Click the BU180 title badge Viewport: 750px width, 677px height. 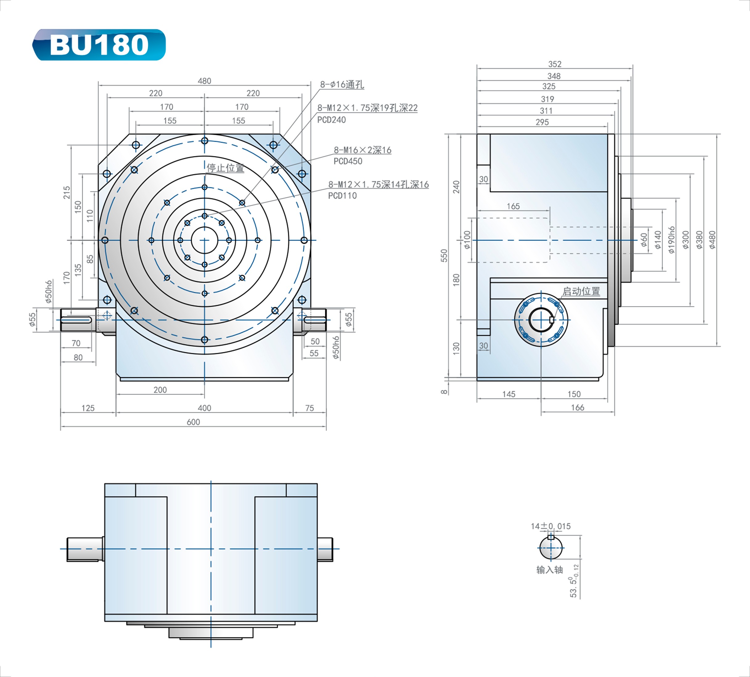[99, 45]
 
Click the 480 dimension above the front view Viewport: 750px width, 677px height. [204, 81]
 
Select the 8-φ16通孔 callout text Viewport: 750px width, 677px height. [342, 84]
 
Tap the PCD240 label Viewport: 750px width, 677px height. [331, 120]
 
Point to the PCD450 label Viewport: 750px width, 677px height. [347, 161]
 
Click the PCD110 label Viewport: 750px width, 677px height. [342, 196]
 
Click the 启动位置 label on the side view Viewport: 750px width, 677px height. [581, 291]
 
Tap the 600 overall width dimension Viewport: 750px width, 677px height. [193, 422]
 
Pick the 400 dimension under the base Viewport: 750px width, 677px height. [204, 408]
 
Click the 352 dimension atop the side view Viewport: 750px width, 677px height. [554, 64]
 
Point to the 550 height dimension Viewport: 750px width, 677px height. [444, 255]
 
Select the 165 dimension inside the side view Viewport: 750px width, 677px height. [513, 206]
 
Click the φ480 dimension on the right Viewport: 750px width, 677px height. [712, 240]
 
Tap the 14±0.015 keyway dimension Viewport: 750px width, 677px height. [550, 526]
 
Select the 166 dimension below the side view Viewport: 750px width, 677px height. [577, 407]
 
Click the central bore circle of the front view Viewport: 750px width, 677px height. [204, 240]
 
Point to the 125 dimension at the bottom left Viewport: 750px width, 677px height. [88, 408]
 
